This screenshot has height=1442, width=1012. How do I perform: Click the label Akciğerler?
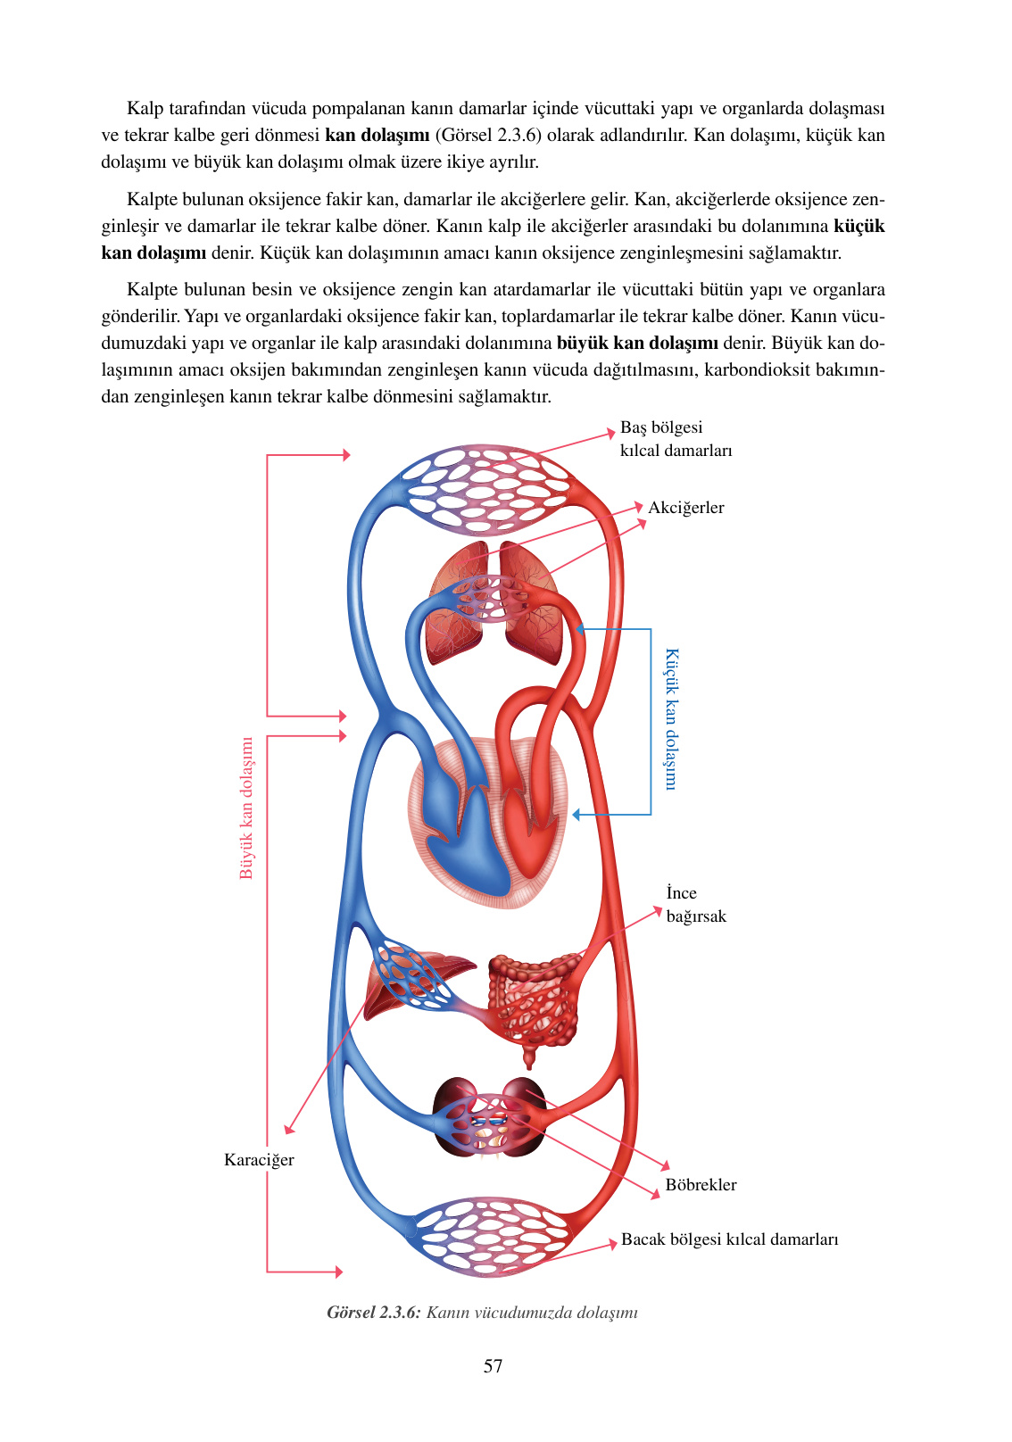tap(685, 508)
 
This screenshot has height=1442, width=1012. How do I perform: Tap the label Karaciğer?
tap(259, 1160)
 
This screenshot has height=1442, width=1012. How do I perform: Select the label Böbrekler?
tap(701, 1185)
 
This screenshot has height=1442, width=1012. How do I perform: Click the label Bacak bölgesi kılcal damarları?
tap(729, 1239)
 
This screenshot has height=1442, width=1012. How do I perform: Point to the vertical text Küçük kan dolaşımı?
tap(671, 718)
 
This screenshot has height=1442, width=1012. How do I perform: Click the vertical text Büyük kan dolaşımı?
tap(246, 808)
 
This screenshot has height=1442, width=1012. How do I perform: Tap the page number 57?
tap(493, 1366)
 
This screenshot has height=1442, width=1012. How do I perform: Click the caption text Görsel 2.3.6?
tap(373, 1313)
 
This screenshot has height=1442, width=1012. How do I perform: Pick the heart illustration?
tap(486, 821)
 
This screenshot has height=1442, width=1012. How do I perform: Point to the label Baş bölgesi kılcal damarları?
tap(676, 439)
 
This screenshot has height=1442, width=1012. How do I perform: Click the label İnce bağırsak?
tap(695, 905)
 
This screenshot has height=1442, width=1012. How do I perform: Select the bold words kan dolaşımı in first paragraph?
tap(377, 136)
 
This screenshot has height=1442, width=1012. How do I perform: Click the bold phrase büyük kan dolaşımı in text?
tap(637, 344)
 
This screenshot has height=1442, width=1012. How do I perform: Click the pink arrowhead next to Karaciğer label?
tap(288, 1129)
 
